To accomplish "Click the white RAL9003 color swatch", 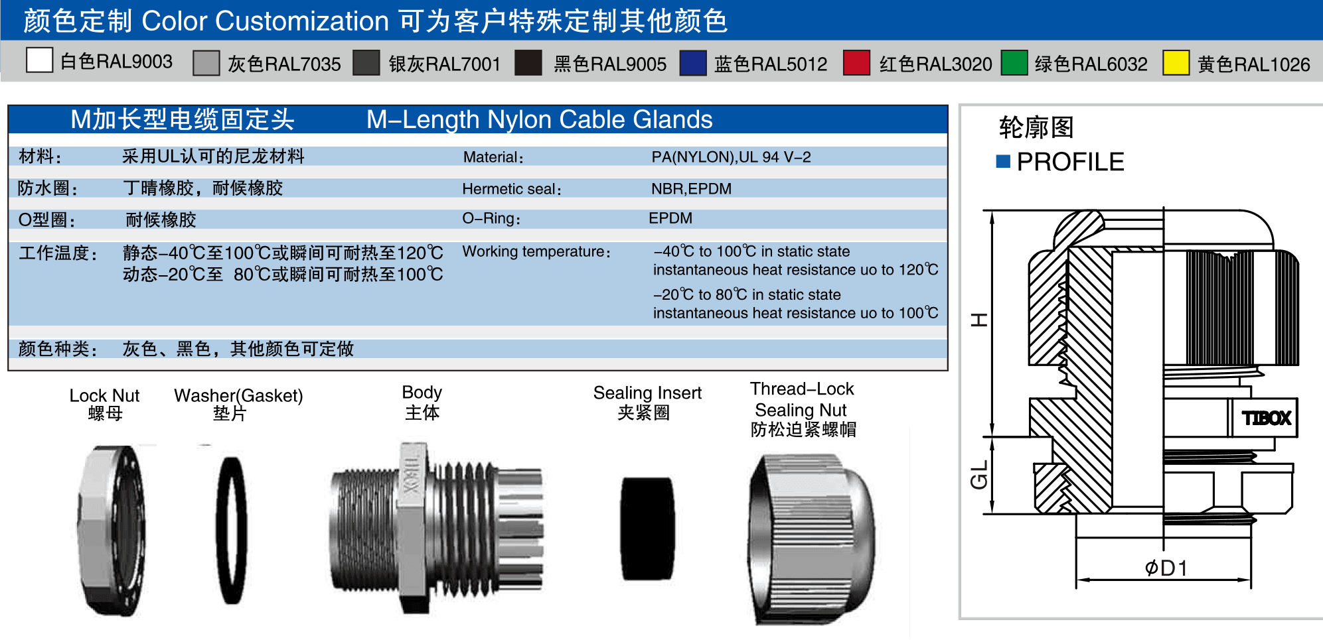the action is click(39, 60).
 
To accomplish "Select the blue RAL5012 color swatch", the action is click(693, 63).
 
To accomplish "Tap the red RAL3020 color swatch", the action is click(856, 63).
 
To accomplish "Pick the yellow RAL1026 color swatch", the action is click(1176, 63).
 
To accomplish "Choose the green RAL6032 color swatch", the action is click(1014, 63).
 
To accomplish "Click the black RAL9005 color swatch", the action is click(528, 63).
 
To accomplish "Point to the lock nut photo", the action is click(110, 531).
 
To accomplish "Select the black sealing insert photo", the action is click(647, 529).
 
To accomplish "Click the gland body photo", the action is click(437, 527).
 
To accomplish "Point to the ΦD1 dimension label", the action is click(1166, 568).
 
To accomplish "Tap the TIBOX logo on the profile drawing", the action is click(1267, 418).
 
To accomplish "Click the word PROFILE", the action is click(1070, 162).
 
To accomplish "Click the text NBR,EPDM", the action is click(691, 189).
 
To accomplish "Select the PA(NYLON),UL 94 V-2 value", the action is click(731, 157).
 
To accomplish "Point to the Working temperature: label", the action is click(536, 252).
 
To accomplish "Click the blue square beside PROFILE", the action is click(1003, 161).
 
